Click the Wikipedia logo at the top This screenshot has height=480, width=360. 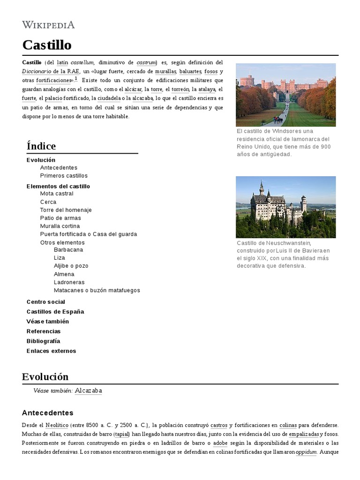pyautogui.click(x=48, y=25)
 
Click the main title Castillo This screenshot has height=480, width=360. pyautogui.click(x=47, y=45)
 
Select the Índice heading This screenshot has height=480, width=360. pyautogui.click(x=41, y=146)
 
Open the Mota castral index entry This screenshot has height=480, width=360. pyautogui.click(x=57, y=194)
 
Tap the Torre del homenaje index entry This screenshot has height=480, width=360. pyautogui.click(x=66, y=210)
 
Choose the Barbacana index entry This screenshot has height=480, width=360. pyautogui.click(x=68, y=250)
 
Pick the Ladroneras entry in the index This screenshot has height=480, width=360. pyautogui.click(x=69, y=282)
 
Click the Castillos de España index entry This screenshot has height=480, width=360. pyautogui.click(x=55, y=312)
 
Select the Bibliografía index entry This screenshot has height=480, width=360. pyautogui.click(x=44, y=341)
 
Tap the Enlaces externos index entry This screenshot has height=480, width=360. pyautogui.click(x=51, y=351)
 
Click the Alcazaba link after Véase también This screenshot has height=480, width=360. pyautogui.click(x=89, y=391)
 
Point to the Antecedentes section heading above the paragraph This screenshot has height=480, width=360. pyautogui.click(x=48, y=413)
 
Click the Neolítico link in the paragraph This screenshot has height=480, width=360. pyautogui.click(x=57, y=425)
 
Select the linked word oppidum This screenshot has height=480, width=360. pyautogui.click(x=306, y=452)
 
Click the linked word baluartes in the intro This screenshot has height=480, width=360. pyautogui.click(x=190, y=71)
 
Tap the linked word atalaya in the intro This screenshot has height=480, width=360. pyautogui.click(x=207, y=89)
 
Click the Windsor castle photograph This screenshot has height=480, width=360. pyautogui.click(x=285, y=95)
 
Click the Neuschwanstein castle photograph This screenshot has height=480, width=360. pyautogui.click(x=285, y=207)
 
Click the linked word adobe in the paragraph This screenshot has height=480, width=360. pyautogui.click(x=220, y=443)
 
